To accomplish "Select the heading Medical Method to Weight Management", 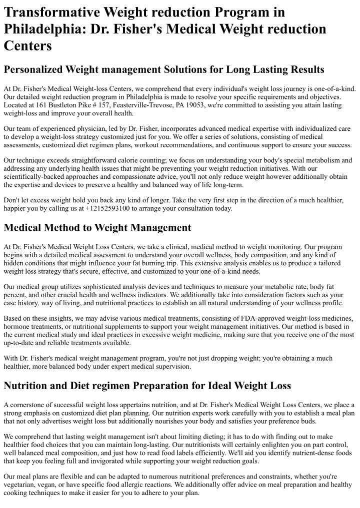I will pyautogui.click(x=97, y=228).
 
